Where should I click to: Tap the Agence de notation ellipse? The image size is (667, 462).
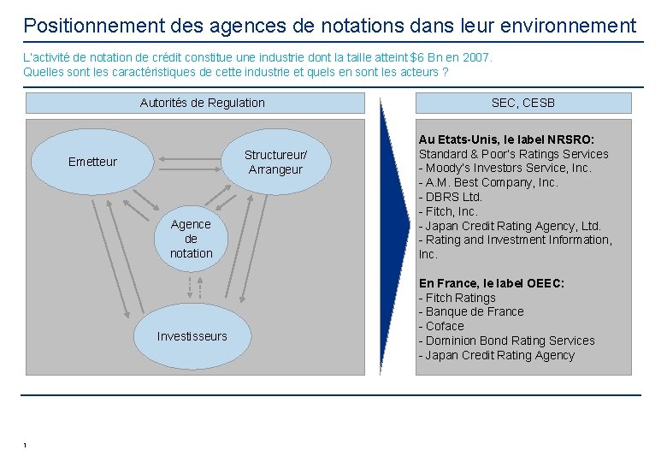coord(191,239)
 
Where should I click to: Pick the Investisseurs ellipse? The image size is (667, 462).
coord(192,336)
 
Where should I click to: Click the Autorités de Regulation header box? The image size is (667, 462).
coord(202,104)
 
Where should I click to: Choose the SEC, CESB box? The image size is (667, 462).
coord(522,104)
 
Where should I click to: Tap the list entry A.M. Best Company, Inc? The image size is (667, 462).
coord(488,182)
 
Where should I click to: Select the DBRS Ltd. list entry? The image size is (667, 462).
coord(451,197)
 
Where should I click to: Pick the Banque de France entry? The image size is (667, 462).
coord(471,311)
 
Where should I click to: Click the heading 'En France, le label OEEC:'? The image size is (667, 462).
coord(491,283)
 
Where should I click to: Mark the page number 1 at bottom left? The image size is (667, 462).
coord(26,446)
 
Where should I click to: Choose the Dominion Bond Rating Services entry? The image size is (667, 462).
coord(506,341)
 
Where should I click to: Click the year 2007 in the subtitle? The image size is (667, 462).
coord(477,57)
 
